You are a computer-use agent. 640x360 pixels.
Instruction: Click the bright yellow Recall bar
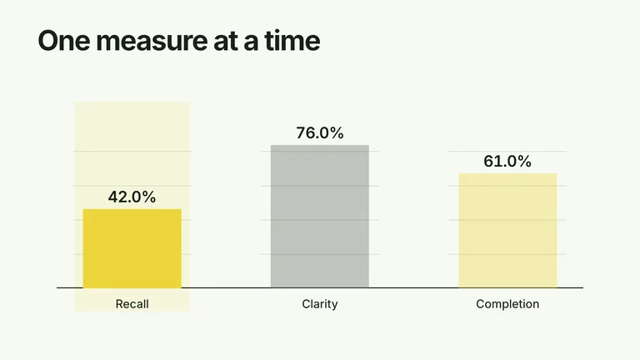(132, 248)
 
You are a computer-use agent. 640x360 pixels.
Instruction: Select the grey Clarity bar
(320, 217)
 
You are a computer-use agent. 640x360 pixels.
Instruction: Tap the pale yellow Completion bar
(507, 231)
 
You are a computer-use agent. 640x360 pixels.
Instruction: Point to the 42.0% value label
(132, 197)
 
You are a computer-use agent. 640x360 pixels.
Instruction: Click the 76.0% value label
(320, 133)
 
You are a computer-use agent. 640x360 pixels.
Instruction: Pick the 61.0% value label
(507, 161)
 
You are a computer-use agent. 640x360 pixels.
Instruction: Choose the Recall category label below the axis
(132, 304)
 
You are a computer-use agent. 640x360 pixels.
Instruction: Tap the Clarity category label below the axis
(320, 304)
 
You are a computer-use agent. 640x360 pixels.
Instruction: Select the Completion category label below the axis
(507, 304)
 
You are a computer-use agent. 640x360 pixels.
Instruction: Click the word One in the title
(63, 40)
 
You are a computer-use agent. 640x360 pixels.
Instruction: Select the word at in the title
(225, 42)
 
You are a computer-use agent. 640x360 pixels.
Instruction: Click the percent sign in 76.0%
(337, 133)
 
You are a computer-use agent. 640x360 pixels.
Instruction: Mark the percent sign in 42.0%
(149, 197)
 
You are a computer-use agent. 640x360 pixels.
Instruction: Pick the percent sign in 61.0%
(524, 161)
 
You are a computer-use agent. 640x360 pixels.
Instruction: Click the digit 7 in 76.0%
(300, 133)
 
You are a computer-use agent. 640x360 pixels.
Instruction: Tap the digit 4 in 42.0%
(113, 197)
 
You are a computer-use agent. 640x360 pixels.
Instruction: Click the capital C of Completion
(480, 304)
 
